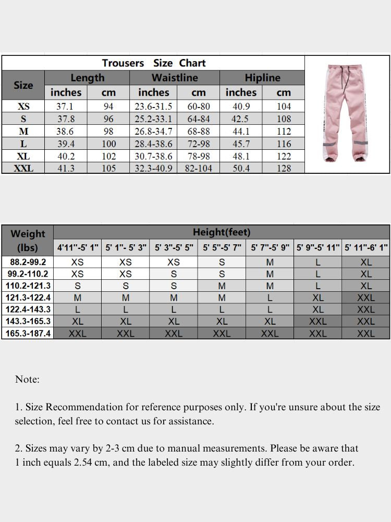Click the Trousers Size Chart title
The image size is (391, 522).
pyautogui.click(x=154, y=63)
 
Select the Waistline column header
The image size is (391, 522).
pyautogui.click(x=175, y=78)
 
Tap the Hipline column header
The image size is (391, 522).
pyautogui.click(x=262, y=78)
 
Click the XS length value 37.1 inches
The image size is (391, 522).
pyautogui.click(x=65, y=106)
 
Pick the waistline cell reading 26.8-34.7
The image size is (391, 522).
pyautogui.click(x=153, y=132)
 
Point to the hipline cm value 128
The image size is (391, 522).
pyautogui.click(x=284, y=168)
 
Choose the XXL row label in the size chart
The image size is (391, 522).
pyautogui.click(x=23, y=168)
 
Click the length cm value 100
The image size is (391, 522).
pyautogui.click(x=108, y=144)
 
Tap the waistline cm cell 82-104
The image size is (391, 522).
pyautogui.click(x=199, y=168)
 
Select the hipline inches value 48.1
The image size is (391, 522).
pyautogui.click(x=240, y=156)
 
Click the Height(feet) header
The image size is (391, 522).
pyautogui.click(x=222, y=232)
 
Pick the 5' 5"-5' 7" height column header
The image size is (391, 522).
pyautogui.click(x=222, y=247)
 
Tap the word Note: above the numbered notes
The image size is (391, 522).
pyautogui.click(x=27, y=379)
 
